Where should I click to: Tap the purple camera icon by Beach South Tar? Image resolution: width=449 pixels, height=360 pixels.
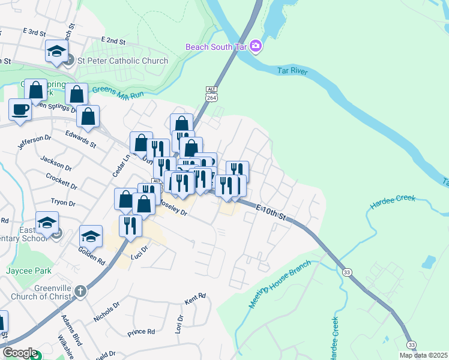pos(255,46)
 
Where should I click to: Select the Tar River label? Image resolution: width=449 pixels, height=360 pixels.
pos(293,71)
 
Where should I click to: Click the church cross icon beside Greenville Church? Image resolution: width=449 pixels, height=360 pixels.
pos(81,290)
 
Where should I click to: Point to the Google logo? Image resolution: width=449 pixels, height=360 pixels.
pos(20,353)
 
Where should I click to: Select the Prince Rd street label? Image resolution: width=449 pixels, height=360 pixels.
pos(142,331)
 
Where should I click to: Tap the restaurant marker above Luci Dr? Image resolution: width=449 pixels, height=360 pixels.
pos(130,225)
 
